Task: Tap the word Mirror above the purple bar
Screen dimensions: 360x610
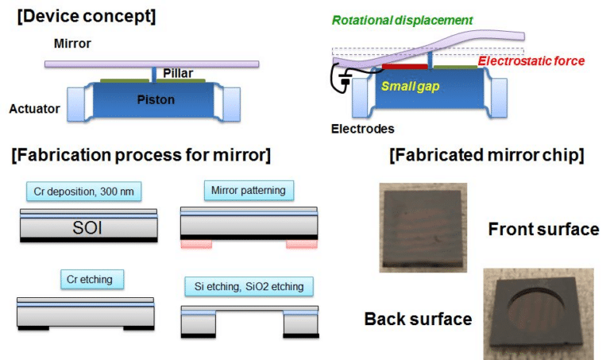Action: (x=70, y=46)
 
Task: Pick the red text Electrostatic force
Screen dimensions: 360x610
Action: (x=531, y=61)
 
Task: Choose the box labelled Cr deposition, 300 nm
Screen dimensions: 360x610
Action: (x=85, y=192)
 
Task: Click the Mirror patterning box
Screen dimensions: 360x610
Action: (x=249, y=191)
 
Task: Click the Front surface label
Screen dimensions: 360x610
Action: (x=544, y=230)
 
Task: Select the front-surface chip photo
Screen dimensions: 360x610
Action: (x=423, y=226)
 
